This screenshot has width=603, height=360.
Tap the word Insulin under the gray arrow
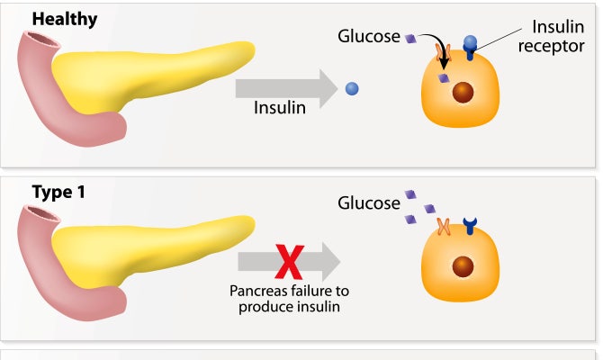(x=280, y=107)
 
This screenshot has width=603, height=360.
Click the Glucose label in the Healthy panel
(x=368, y=37)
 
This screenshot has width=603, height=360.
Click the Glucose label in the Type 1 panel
(x=368, y=202)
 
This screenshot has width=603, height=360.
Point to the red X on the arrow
(x=289, y=262)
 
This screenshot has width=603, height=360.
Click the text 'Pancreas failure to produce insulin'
(x=289, y=299)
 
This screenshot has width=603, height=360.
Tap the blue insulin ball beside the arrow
(x=352, y=88)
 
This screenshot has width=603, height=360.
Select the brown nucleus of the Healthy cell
(x=464, y=93)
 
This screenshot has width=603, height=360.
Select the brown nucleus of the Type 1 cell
(x=464, y=265)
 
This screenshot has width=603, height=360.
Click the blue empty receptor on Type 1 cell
(x=470, y=226)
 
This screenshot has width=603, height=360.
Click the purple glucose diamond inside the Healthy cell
(x=443, y=79)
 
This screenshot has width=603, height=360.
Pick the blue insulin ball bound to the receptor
(x=469, y=42)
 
